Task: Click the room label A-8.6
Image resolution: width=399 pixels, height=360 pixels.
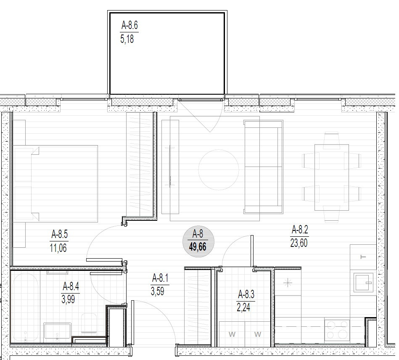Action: (x=129, y=26)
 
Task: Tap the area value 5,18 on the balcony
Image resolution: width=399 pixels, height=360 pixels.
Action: (x=127, y=40)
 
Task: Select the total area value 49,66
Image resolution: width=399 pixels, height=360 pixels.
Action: (x=198, y=247)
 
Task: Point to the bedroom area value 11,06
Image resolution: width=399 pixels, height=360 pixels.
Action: (x=58, y=248)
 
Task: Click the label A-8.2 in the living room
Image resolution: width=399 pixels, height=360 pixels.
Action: (x=300, y=230)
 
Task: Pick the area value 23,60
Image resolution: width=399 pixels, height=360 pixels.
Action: (x=299, y=243)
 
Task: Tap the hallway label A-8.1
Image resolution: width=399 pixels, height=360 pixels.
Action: (x=160, y=278)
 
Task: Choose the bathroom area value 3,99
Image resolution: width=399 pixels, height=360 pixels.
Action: (x=68, y=299)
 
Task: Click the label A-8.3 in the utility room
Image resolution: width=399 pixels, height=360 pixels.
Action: (x=246, y=294)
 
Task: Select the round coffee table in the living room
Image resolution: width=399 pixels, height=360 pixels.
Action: (x=219, y=169)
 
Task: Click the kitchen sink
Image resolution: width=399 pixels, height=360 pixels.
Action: (x=364, y=283)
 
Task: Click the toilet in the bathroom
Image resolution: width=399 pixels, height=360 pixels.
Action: (x=89, y=323)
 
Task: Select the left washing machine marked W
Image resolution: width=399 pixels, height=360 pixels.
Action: (x=232, y=334)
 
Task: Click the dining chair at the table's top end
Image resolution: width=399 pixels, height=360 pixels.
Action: (x=332, y=140)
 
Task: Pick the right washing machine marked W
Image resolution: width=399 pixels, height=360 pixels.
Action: (x=257, y=334)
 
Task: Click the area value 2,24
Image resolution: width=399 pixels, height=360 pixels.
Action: (x=243, y=307)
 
